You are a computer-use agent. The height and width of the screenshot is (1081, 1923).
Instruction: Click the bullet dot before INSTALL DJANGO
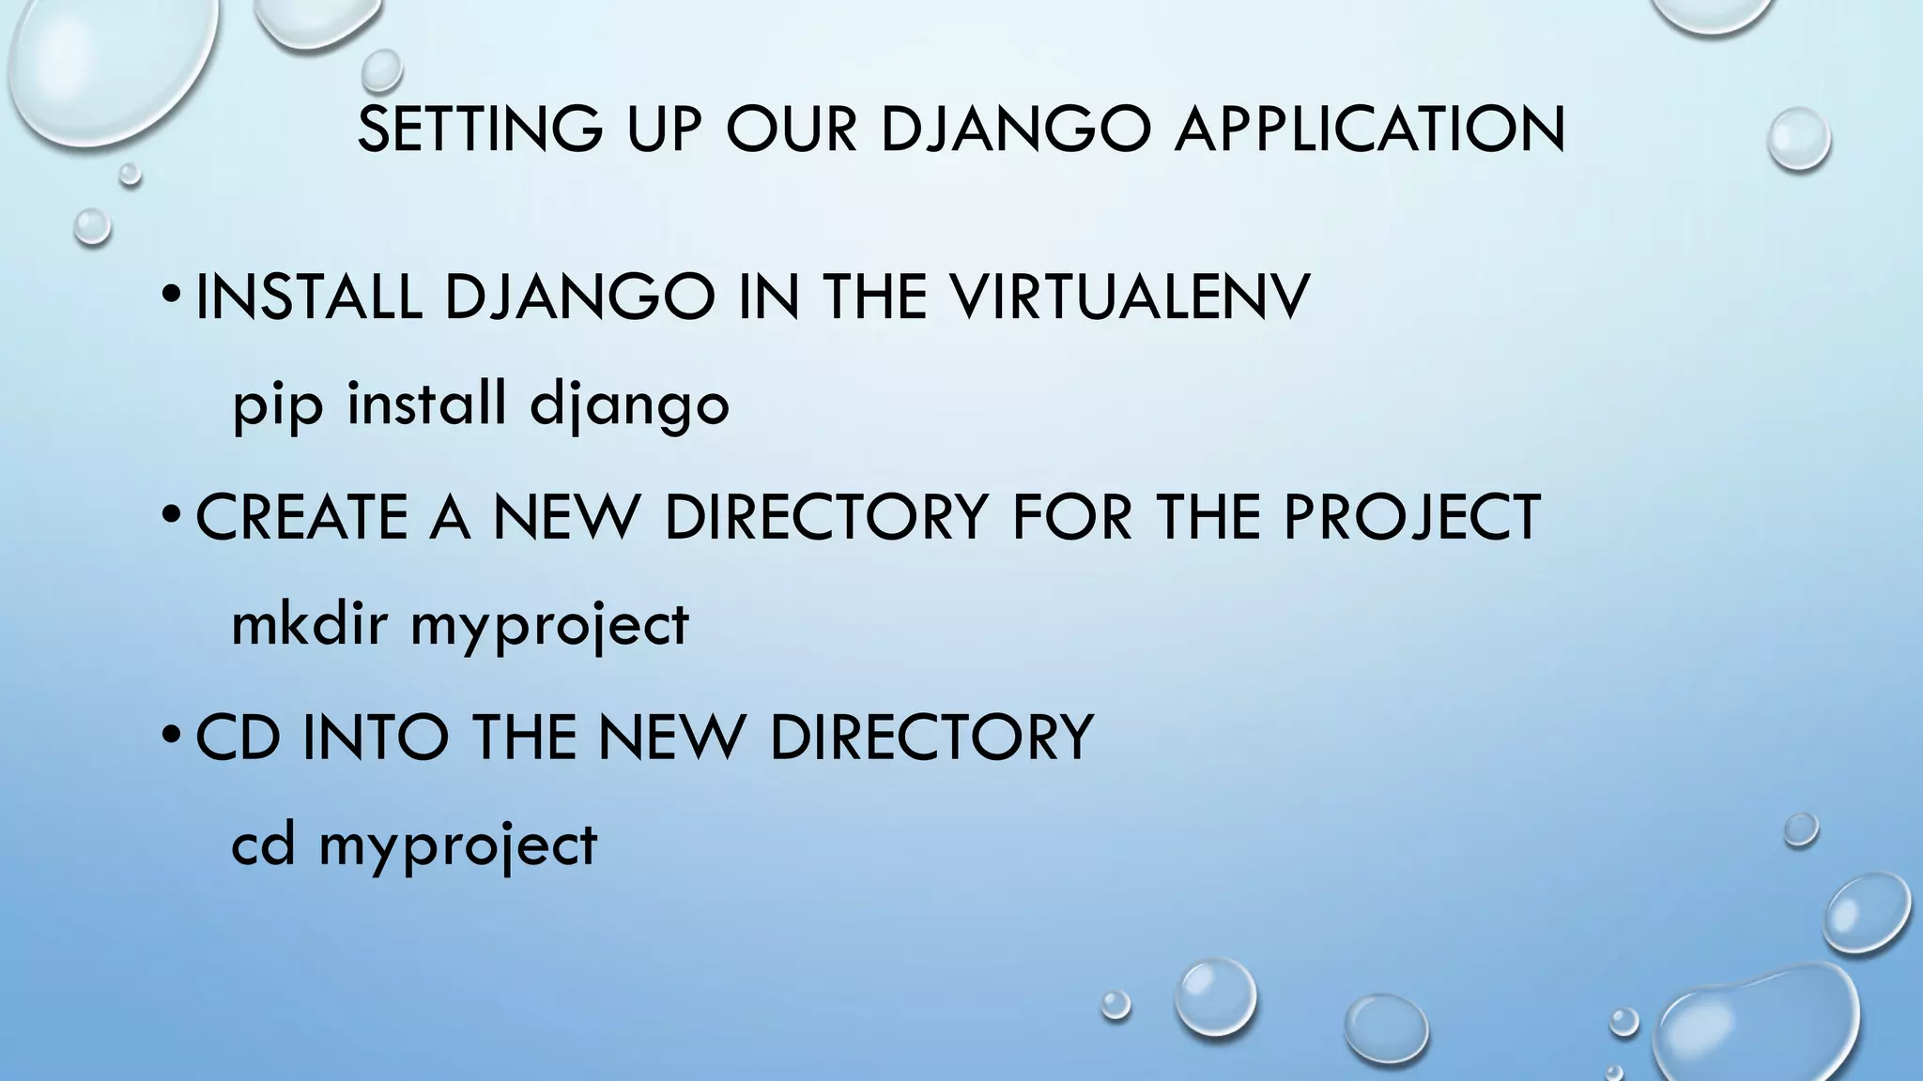170,298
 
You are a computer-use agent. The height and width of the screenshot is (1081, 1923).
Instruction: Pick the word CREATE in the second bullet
301,517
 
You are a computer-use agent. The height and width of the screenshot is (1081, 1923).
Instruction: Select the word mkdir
309,625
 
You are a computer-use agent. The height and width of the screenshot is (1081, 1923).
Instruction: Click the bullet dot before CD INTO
170,738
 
